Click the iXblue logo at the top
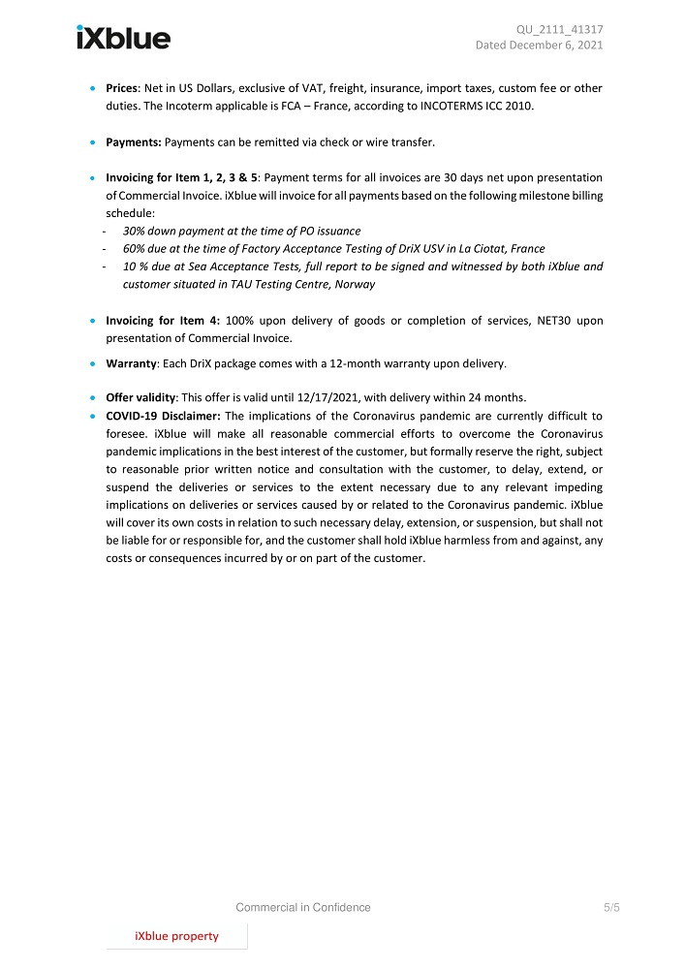123,38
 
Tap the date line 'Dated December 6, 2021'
539,46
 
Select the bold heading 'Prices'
122,88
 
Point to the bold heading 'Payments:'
134,142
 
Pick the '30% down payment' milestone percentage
135,232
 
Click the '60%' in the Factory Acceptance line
135,249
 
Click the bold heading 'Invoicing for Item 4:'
163,321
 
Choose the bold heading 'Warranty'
131,364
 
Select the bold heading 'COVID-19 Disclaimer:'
163,416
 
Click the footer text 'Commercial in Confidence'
303,908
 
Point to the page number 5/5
611,908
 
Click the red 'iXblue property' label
176,936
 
